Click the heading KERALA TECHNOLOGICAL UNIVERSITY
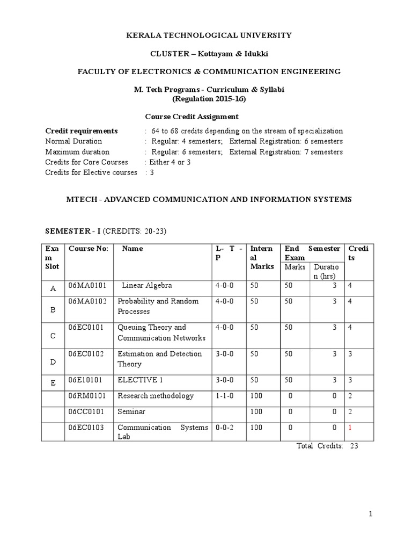[209, 35]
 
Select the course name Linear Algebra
[147, 285]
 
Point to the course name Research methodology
[156, 396]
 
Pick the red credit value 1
[350, 428]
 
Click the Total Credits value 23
[354, 446]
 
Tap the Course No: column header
[88, 249]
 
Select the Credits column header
[359, 253]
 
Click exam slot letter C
[53, 336]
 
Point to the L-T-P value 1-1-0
[225, 396]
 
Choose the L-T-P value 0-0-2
[225, 428]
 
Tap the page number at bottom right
[370, 514]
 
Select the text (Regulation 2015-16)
[209, 99]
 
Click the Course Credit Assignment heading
[192, 117]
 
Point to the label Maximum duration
[77, 152]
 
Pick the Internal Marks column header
[262, 257]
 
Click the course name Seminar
[131, 411]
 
